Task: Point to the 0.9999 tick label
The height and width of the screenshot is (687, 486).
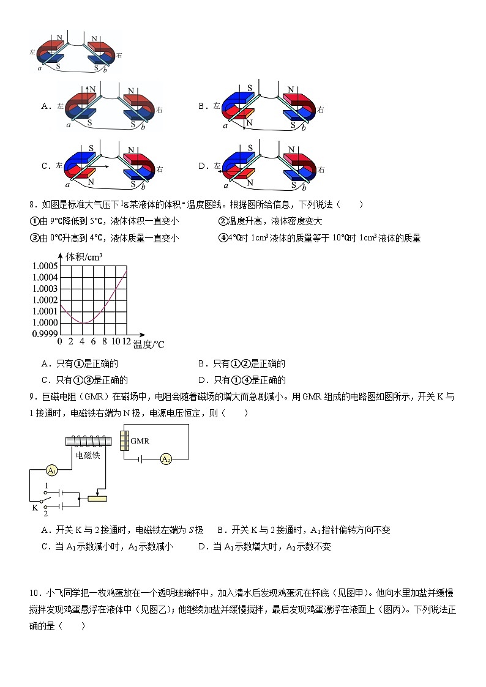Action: tap(45, 334)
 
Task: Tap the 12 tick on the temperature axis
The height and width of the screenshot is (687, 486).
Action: tap(126, 341)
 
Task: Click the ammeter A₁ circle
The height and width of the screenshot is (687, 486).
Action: tap(52, 470)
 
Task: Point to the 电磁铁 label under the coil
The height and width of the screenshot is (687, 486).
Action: tap(87, 456)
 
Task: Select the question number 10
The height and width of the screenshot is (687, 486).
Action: tap(35, 593)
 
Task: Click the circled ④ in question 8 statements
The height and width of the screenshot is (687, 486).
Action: tap(222, 238)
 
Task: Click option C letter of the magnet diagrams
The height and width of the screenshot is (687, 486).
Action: tap(45, 166)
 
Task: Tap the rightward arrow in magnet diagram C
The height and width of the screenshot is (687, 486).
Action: tap(98, 166)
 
